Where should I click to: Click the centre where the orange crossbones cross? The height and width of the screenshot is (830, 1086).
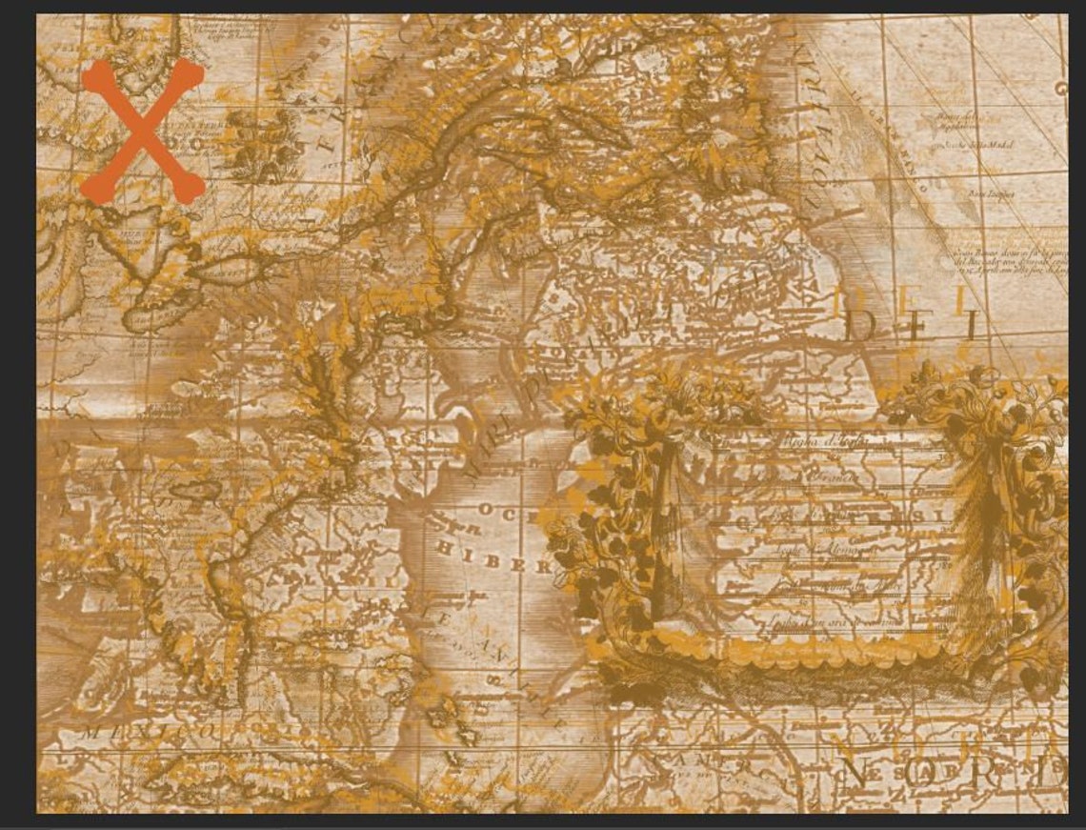pos(142,131)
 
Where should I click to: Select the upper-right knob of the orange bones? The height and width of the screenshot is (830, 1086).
pos(191,74)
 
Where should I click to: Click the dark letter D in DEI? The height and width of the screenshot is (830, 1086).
pos(862,326)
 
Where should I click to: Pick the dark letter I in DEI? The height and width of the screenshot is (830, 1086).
pos(971,326)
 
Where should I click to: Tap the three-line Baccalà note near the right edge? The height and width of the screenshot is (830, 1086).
pos(1010,258)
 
